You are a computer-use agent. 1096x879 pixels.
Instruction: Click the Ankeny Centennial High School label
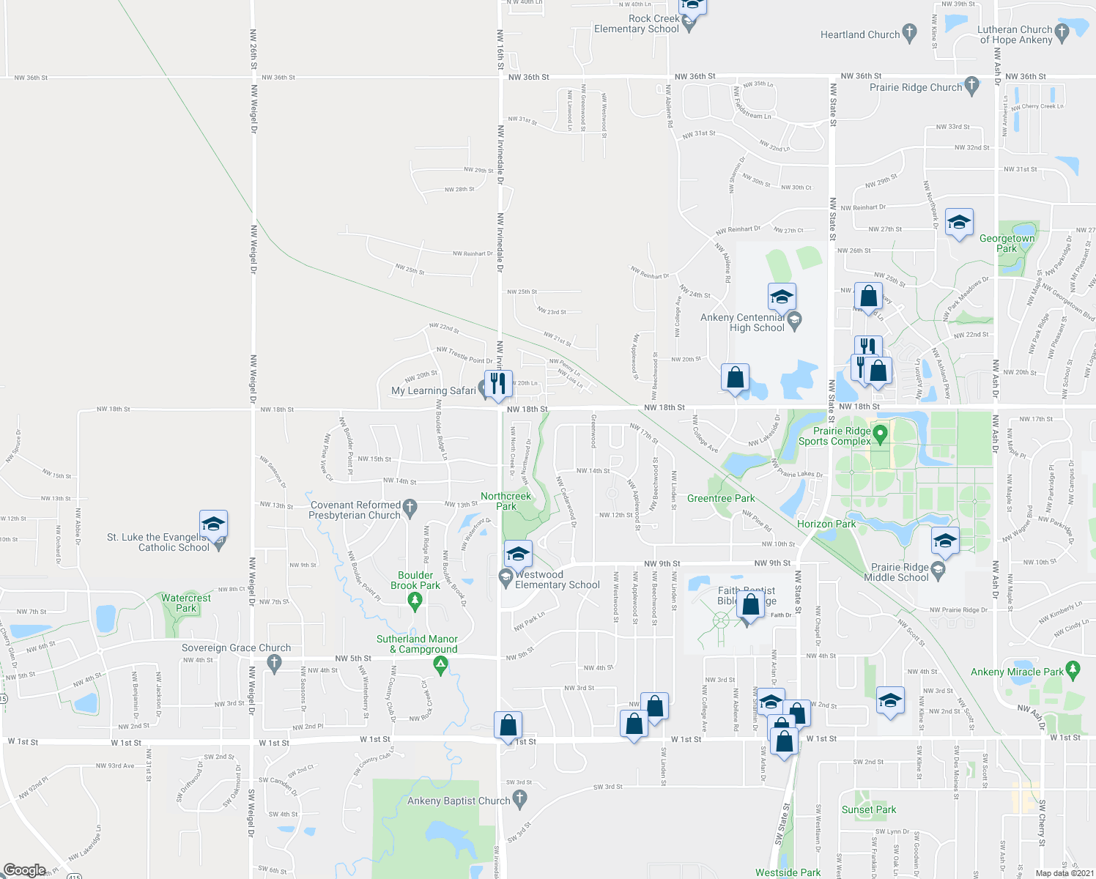742,322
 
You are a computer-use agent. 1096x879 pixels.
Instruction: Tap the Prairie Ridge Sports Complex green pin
881,434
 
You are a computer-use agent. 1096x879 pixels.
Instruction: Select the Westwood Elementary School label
557,579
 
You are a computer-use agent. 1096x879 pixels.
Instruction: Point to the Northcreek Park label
506,501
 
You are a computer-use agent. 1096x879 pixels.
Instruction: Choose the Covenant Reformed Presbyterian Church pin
410,505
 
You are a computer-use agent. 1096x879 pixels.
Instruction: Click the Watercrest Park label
186,603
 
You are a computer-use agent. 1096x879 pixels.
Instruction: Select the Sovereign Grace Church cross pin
275,663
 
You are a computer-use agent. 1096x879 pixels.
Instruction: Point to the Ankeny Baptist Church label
459,801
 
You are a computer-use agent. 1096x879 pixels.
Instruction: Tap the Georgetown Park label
1007,243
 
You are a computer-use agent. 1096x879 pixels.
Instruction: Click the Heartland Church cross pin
909,32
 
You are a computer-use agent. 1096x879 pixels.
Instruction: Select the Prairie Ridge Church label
916,87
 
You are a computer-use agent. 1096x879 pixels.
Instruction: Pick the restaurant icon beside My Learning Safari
497,383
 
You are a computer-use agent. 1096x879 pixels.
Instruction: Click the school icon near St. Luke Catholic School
213,524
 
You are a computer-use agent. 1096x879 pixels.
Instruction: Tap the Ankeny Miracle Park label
1017,672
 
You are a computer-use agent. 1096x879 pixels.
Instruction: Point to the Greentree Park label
721,498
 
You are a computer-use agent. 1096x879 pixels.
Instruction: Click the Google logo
25,869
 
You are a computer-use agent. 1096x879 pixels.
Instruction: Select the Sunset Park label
869,809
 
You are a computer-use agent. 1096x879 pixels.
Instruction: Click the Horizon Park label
826,524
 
